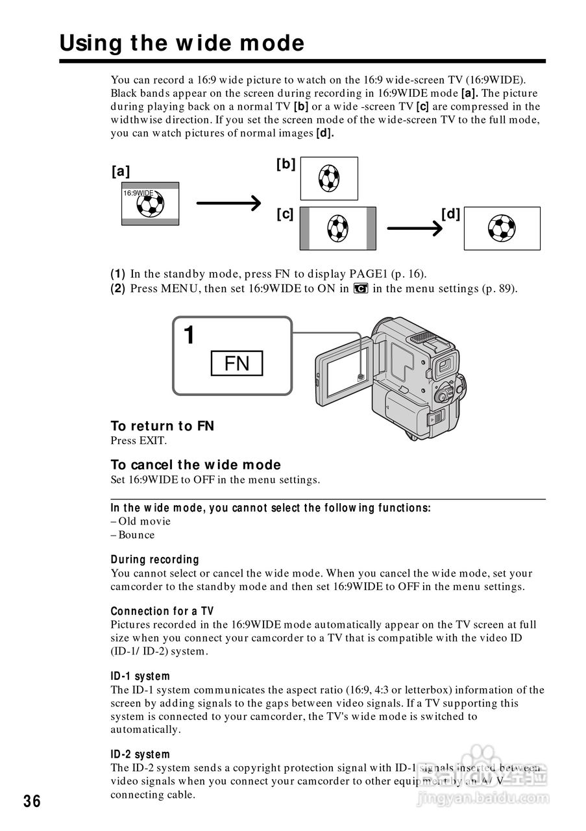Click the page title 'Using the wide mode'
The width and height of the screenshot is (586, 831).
click(x=182, y=43)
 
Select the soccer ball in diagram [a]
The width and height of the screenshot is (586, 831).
click(x=151, y=205)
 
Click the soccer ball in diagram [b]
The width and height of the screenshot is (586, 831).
click(x=329, y=178)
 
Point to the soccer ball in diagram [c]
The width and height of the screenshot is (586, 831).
click(x=337, y=228)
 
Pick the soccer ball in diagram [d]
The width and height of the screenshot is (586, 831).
click(x=502, y=228)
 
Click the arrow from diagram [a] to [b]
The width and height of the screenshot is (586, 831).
click(x=228, y=203)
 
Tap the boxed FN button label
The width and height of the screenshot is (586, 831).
click(x=237, y=364)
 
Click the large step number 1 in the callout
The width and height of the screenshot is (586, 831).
click(x=189, y=336)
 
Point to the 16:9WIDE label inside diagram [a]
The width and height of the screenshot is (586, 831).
click(x=139, y=193)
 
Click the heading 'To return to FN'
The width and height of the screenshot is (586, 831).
click(x=162, y=426)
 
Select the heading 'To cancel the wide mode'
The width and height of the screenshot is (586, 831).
click(x=195, y=465)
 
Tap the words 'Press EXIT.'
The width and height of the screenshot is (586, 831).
click(x=139, y=441)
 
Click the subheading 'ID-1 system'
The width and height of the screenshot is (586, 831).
click(x=140, y=676)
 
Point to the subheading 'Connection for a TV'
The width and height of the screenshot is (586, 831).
click(x=162, y=612)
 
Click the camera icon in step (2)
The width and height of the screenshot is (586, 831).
click(x=361, y=289)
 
